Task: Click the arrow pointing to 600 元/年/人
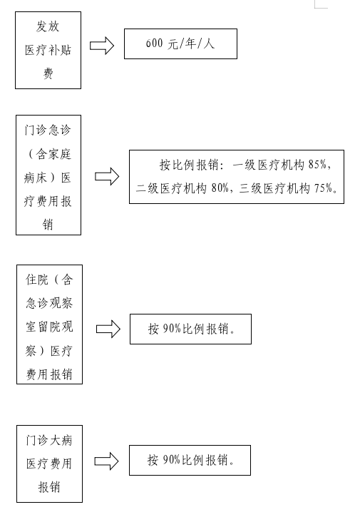pos(102,45)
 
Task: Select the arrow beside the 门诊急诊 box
pos(107,176)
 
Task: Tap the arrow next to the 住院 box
pos(108,329)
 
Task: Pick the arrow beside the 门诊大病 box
pos(106,461)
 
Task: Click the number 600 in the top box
pos(154,43)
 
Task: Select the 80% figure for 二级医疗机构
pos(220,188)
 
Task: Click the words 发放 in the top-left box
pos(48,26)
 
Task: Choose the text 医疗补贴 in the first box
pos(48,50)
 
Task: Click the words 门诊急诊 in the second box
pos(48,130)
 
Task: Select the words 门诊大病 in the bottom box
pos(49,440)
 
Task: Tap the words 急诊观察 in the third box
pos(49,303)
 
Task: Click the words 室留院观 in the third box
pos(49,327)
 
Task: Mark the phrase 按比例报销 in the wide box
pos(189,165)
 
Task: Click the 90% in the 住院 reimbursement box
pos(172,329)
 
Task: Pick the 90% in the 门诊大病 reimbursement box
pos(171,460)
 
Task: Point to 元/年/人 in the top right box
pos(191,43)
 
